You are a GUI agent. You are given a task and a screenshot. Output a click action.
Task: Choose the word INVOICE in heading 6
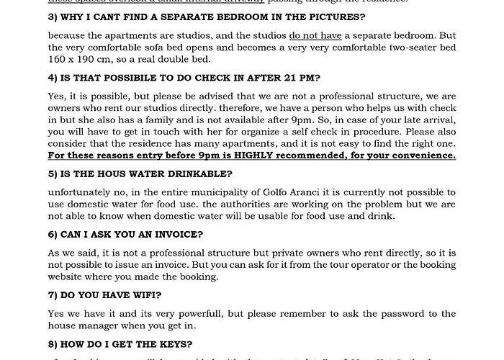click(x=176, y=235)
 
